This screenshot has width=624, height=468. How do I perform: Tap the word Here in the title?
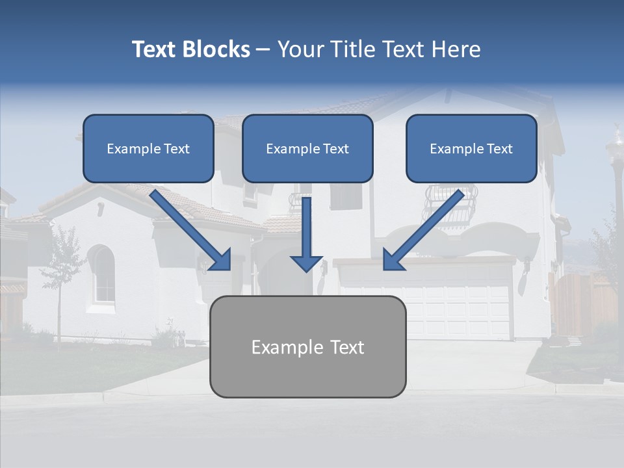(456, 49)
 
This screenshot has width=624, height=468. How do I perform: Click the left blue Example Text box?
(148, 149)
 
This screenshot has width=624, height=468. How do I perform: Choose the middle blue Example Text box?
(307, 149)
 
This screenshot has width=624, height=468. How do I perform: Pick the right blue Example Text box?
(471, 149)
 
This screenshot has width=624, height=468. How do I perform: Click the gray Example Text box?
(307, 346)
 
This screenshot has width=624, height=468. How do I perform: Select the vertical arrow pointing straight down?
(307, 234)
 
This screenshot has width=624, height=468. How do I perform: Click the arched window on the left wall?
(103, 274)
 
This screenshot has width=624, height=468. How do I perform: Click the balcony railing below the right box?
(448, 201)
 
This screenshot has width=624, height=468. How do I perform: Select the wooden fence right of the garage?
(582, 302)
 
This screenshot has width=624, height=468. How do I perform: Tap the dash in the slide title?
(263, 49)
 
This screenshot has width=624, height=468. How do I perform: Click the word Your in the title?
(298, 49)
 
